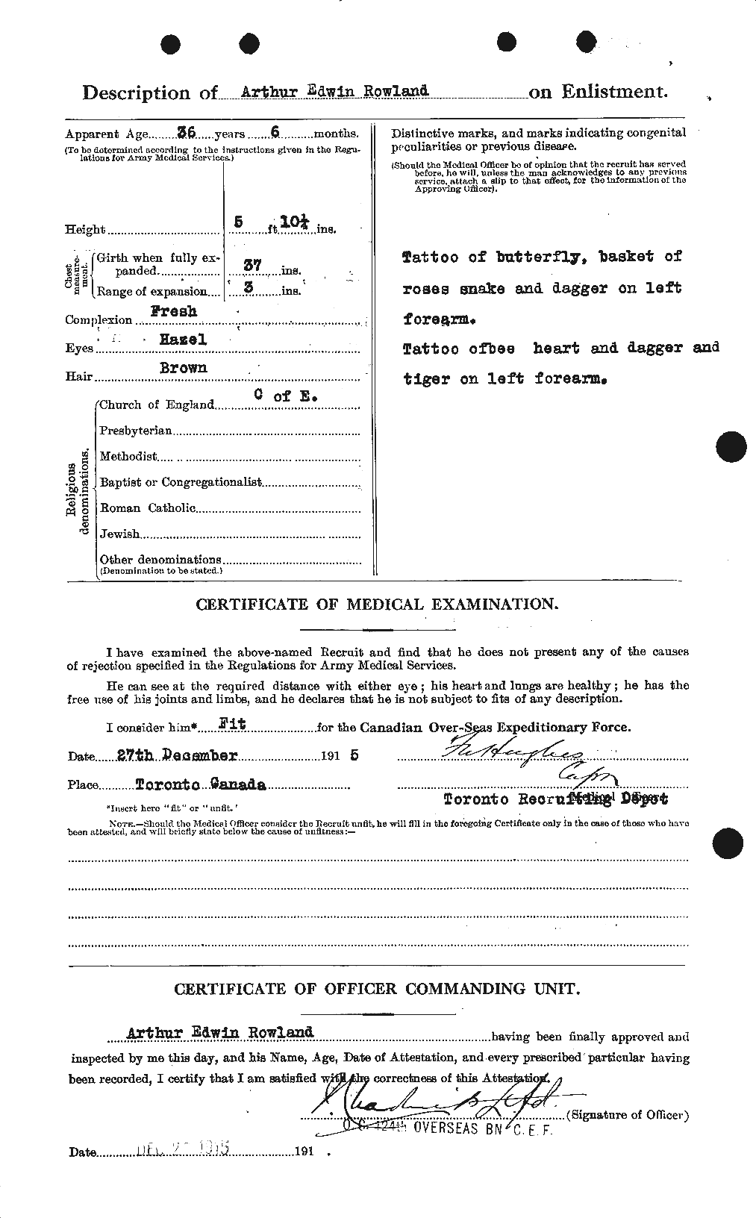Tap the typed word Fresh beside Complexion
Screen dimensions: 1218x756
(175, 311)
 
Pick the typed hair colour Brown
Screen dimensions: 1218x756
(184, 367)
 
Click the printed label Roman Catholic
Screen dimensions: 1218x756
(147, 508)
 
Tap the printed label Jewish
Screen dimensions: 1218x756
(119, 534)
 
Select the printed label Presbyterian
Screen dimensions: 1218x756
(136, 431)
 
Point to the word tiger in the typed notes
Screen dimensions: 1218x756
(426, 378)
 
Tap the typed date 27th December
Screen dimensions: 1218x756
(178, 755)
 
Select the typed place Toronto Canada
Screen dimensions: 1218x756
(201, 785)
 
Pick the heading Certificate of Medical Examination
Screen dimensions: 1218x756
(376, 605)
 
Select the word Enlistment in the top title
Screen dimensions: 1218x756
(613, 92)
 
